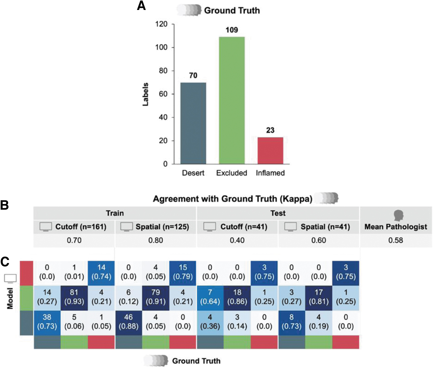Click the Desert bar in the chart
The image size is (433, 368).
tap(193, 123)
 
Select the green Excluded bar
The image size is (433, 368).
tap(232, 100)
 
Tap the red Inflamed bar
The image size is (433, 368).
tap(270, 151)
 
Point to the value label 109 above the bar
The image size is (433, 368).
tap(232, 30)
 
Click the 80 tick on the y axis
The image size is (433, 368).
tap(163, 71)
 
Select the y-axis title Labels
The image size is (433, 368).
tap(145, 94)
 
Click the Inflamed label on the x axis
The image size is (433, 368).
tap(270, 173)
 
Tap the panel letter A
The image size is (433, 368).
tap(141, 6)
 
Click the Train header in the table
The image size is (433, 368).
tap(115, 213)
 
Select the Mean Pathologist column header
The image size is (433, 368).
tap(396, 227)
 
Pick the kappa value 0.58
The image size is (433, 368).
tap(396, 240)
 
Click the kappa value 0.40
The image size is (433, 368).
tap(237, 240)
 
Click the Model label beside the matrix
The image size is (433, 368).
tap(10, 298)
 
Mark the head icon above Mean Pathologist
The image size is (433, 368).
tap(398, 215)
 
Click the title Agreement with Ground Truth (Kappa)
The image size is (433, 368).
tap(233, 199)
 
